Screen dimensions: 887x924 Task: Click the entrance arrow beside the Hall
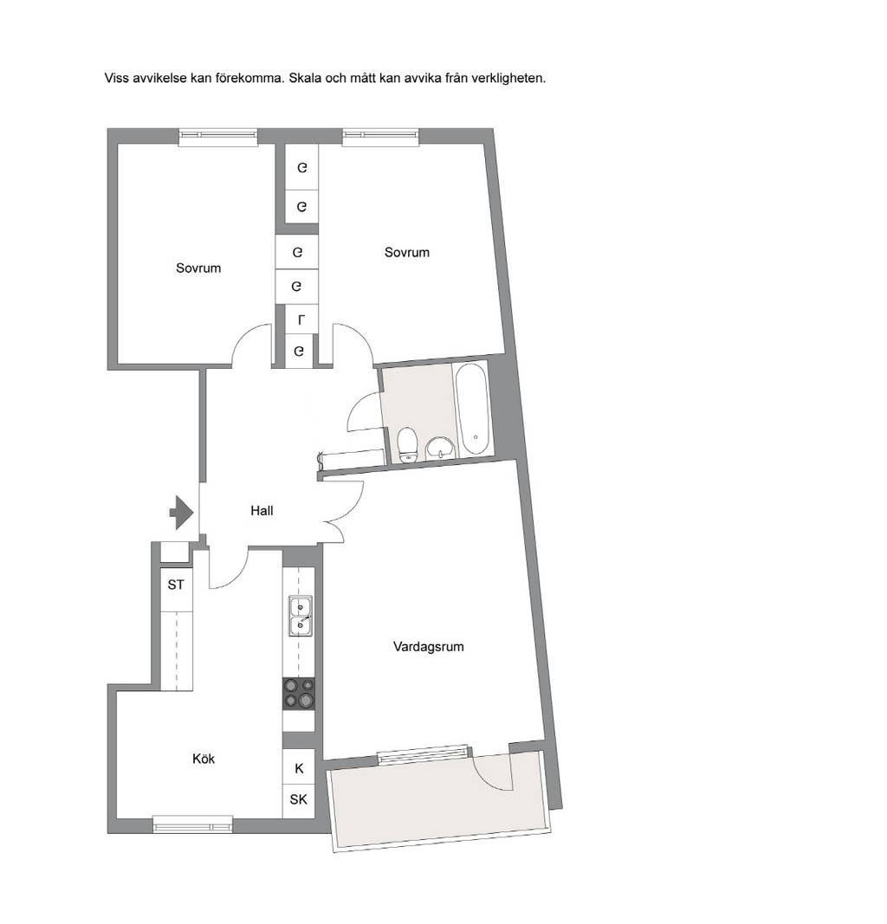pyautogui.click(x=182, y=512)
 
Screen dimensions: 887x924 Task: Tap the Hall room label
pyautogui.click(x=262, y=511)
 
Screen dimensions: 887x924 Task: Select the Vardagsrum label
pyautogui.click(x=429, y=646)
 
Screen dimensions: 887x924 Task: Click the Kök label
pyautogui.click(x=204, y=759)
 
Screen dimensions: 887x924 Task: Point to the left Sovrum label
pyautogui.click(x=198, y=268)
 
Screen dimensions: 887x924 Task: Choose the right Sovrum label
pyautogui.click(x=406, y=252)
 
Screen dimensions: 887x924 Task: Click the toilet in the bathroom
pyautogui.click(x=407, y=445)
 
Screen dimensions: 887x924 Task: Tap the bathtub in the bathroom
pyautogui.click(x=472, y=410)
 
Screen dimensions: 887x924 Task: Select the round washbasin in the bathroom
pyautogui.click(x=440, y=448)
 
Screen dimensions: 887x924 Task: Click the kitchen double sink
pyautogui.click(x=300, y=616)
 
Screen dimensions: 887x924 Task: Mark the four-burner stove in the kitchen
pyautogui.click(x=299, y=693)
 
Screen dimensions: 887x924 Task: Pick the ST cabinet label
pyautogui.click(x=176, y=585)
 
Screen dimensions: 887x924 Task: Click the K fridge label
pyautogui.click(x=300, y=768)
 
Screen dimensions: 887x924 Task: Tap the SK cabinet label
pyautogui.click(x=298, y=799)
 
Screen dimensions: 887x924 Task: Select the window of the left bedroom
pyautogui.click(x=218, y=137)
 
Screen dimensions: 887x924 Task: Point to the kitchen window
pyautogui.click(x=192, y=824)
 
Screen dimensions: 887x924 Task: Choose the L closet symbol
pyautogui.click(x=301, y=320)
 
